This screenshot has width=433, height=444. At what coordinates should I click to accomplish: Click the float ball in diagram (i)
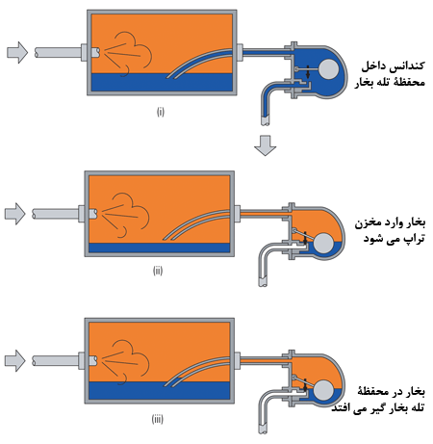pyautogui.click(x=329, y=69)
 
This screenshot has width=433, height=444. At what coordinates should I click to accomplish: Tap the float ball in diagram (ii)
pyautogui.click(x=323, y=243)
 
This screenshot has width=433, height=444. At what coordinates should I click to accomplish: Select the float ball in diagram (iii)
pyautogui.click(x=323, y=390)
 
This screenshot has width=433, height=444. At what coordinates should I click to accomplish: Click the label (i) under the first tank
pyautogui.click(x=161, y=112)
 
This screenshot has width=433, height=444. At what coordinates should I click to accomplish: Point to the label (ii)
pyautogui.click(x=158, y=271)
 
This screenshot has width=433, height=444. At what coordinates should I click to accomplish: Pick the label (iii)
pyautogui.click(x=157, y=419)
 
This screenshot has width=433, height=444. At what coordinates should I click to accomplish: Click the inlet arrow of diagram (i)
pyautogui.click(x=17, y=52)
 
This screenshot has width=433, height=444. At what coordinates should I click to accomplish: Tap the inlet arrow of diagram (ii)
pyautogui.click(x=14, y=214)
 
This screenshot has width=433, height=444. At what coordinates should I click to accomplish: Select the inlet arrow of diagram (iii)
pyautogui.click(x=14, y=361)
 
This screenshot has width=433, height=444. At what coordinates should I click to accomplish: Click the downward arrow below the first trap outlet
pyautogui.click(x=265, y=145)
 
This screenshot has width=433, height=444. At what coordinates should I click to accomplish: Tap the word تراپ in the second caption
pyautogui.click(x=413, y=239)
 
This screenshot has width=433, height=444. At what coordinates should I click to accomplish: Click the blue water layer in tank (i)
pyautogui.click(x=162, y=82)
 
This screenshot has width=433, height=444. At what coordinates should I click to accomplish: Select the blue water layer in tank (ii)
pyautogui.click(x=160, y=248)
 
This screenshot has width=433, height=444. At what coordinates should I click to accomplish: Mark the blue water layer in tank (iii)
pyautogui.click(x=160, y=391)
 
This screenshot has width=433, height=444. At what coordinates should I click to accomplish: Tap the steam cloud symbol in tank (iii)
pyautogui.click(x=125, y=362)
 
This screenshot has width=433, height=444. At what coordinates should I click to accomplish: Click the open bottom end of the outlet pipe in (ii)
pyautogui.click(x=263, y=283)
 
